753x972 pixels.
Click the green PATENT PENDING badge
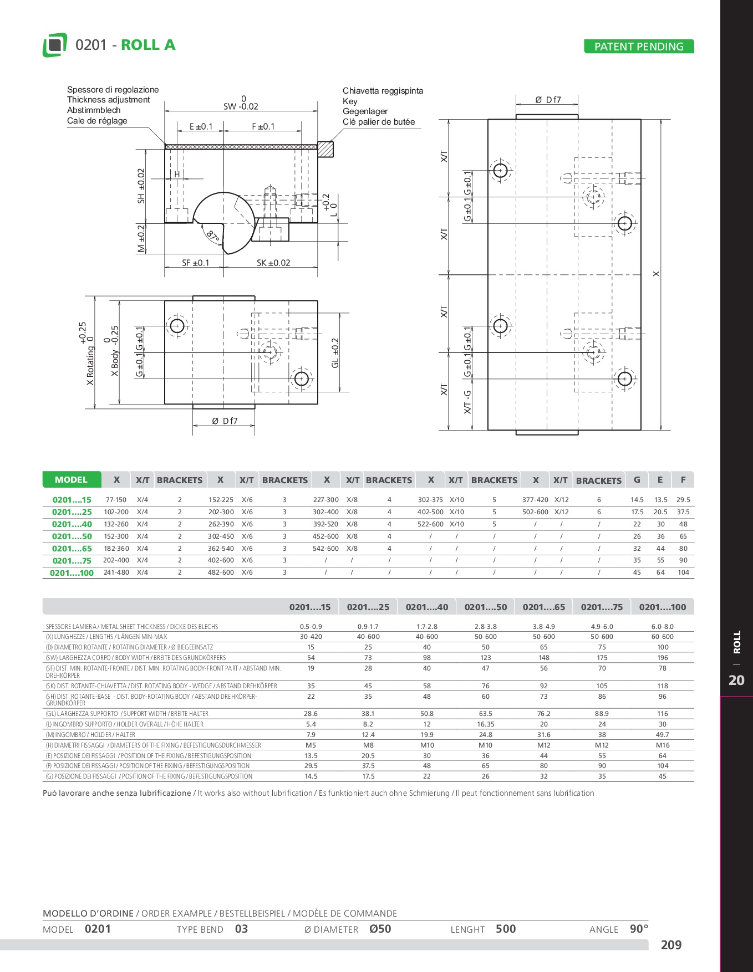click(x=639, y=47)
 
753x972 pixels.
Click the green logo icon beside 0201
click(x=55, y=45)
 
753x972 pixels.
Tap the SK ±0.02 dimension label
click(x=273, y=263)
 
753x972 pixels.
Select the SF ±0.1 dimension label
click(x=196, y=263)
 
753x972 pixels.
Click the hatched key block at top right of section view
click(x=325, y=149)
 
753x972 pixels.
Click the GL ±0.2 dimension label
click(x=335, y=353)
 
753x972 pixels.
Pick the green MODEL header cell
click(x=72, y=480)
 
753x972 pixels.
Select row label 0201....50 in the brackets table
click(x=72, y=536)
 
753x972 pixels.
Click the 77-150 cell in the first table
click(x=116, y=500)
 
